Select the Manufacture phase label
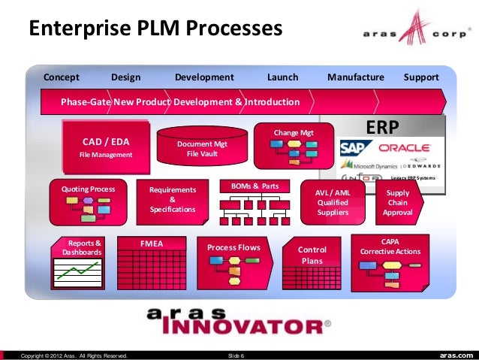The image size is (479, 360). (355, 77)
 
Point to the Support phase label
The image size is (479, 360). (421, 77)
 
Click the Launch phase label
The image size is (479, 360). (282, 77)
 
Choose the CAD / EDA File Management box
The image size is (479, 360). (106, 147)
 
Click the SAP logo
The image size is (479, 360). (352, 148)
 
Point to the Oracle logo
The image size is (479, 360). (403, 148)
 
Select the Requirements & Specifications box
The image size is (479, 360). (172, 200)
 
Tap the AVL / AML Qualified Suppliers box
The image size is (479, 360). (332, 202)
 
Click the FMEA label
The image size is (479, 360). (152, 244)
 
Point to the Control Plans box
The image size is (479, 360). (312, 255)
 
